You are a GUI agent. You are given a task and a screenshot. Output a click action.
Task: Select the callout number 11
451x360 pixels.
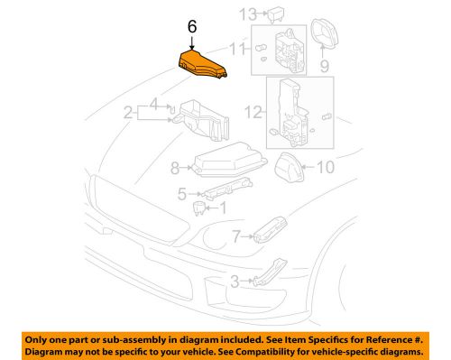(237, 47)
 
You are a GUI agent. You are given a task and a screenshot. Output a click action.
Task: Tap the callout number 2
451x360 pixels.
(128, 114)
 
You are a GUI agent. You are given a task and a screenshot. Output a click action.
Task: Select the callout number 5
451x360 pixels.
(182, 193)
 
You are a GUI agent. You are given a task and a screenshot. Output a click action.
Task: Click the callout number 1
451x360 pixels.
(225, 206)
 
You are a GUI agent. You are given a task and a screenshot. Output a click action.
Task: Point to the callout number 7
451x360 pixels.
(236, 236)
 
